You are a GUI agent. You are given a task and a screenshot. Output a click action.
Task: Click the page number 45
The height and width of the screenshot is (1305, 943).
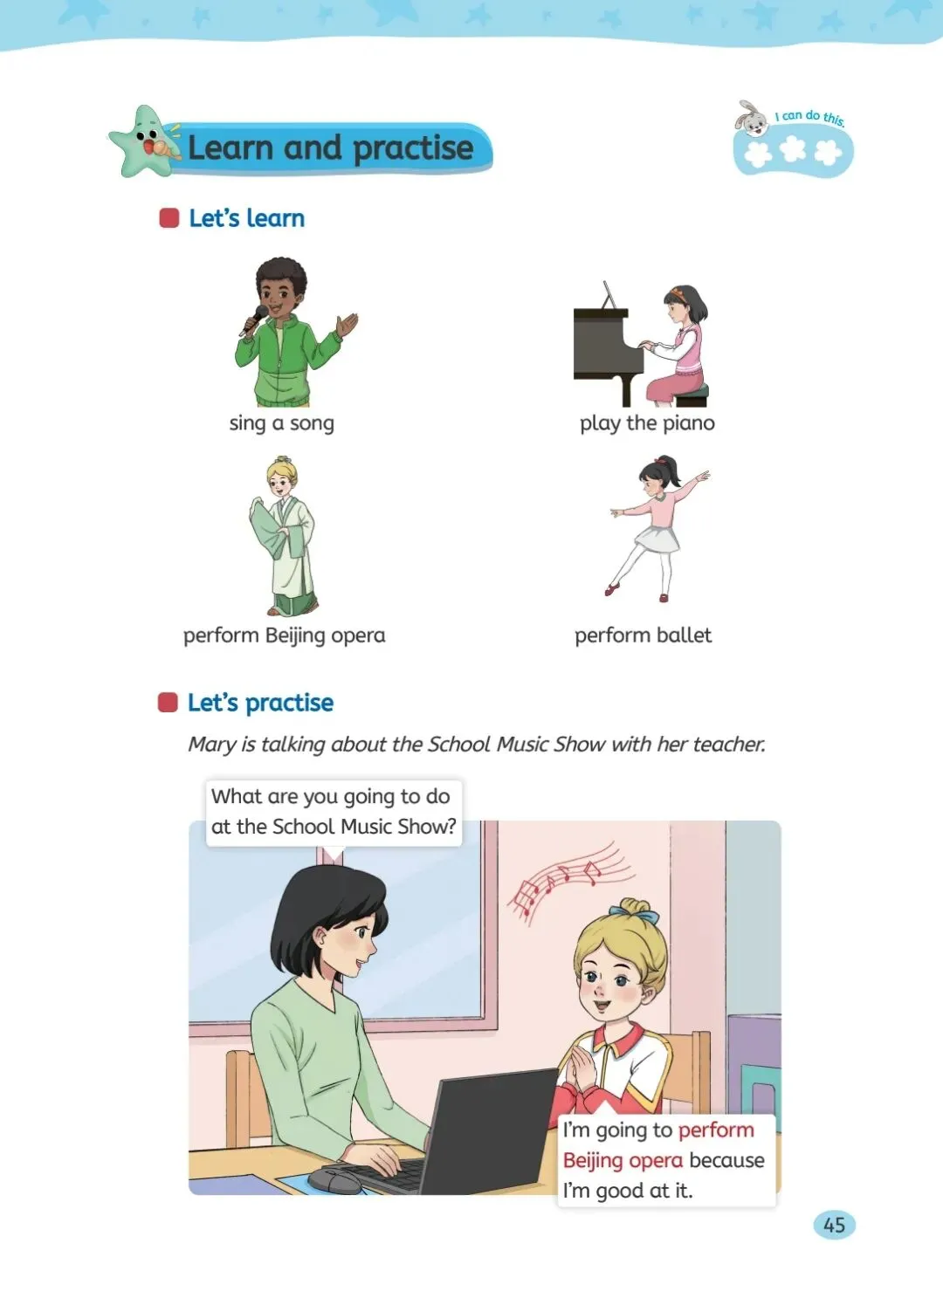pyautogui.click(x=834, y=1226)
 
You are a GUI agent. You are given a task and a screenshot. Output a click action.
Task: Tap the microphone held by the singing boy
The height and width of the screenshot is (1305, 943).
pyautogui.click(x=253, y=320)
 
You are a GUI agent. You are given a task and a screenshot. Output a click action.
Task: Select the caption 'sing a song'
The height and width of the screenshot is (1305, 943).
pyautogui.click(x=281, y=423)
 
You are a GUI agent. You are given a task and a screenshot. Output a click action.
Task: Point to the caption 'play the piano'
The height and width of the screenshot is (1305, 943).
pyautogui.click(x=647, y=423)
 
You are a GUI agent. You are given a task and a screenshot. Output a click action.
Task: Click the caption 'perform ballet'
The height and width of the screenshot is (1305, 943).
pyautogui.click(x=643, y=635)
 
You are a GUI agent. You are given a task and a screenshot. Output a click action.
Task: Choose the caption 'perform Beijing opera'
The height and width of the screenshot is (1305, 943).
pyautogui.click(x=285, y=635)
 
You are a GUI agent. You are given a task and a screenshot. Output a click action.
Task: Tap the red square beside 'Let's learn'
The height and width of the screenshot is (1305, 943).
pyautogui.click(x=169, y=218)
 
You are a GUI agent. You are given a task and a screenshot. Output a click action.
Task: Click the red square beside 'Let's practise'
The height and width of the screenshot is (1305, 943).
pyautogui.click(x=168, y=703)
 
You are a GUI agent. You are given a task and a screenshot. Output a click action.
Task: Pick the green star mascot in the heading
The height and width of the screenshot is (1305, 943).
pyautogui.click(x=143, y=141)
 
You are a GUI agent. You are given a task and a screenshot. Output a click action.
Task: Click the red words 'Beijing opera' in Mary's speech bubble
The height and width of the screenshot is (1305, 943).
pyautogui.click(x=623, y=1160)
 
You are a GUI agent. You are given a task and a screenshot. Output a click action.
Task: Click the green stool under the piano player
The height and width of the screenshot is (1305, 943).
pyautogui.click(x=693, y=395)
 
